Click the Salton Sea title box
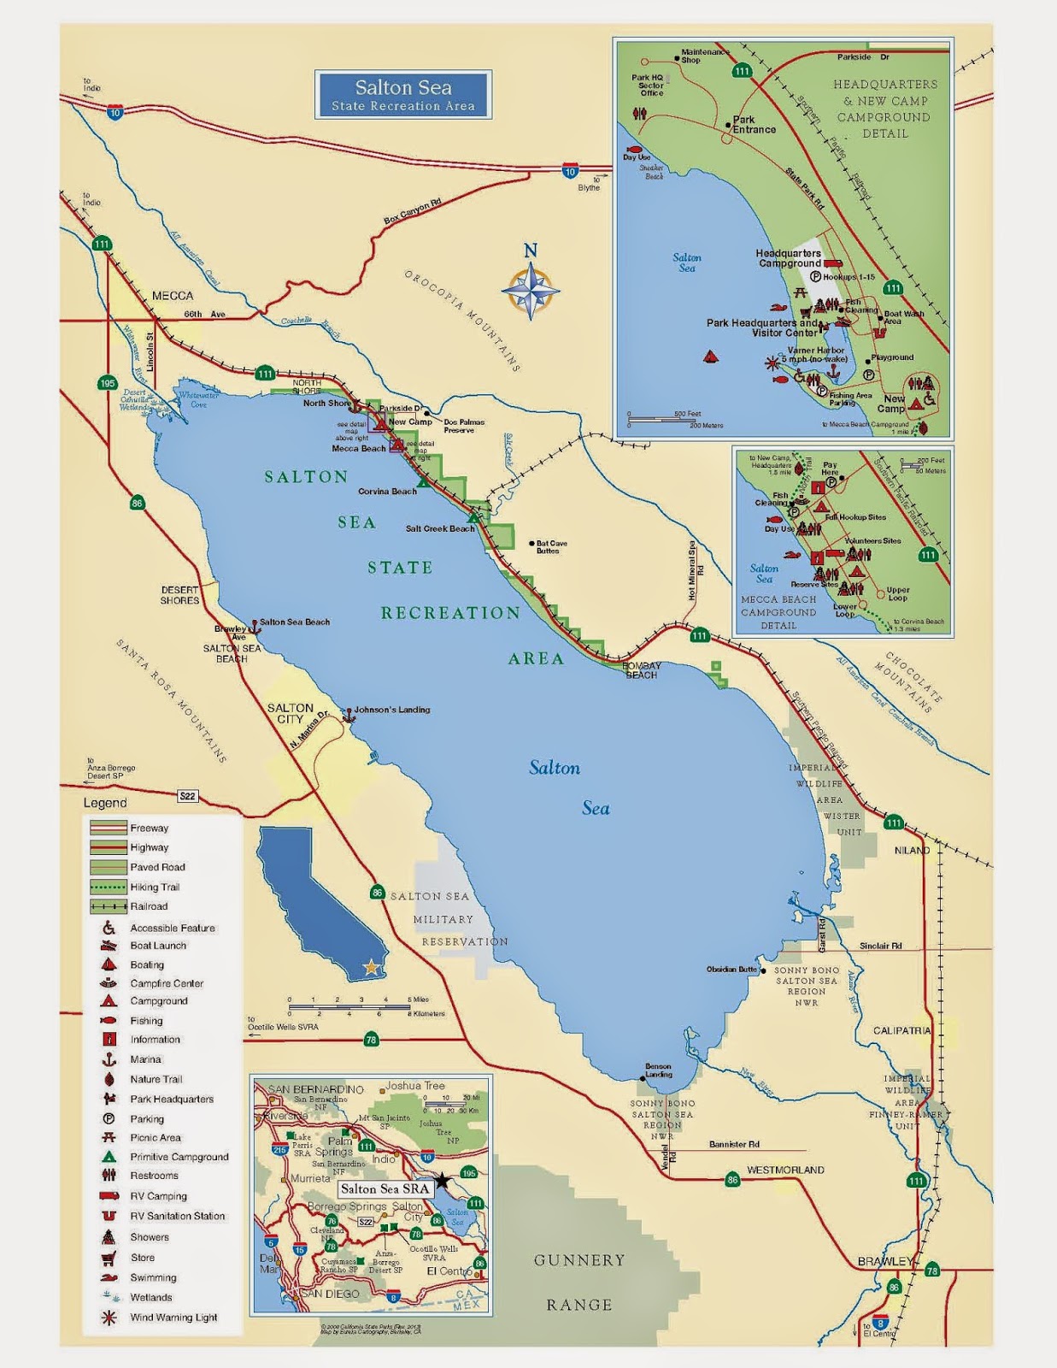(x=402, y=95)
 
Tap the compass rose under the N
(x=530, y=291)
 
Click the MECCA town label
(x=172, y=296)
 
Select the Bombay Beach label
(x=642, y=670)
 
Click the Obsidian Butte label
(x=732, y=970)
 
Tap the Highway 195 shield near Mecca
(x=107, y=383)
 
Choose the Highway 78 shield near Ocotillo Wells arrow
(x=371, y=1040)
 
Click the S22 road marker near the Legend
(x=187, y=796)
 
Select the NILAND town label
(x=912, y=850)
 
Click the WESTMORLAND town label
(x=785, y=1170)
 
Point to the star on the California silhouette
(x=371, y=968)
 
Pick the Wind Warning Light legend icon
(x=109, y=1318)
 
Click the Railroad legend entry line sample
(x=109, y=906)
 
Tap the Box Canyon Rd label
(x=413, y=212)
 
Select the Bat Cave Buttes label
(x=551, y=547)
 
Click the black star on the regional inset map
(x=442, y=1181)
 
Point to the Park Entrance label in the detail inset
(x=754, y=125)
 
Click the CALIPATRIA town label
(x=901, y=1030)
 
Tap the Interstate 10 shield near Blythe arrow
(x=570, y=172)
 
